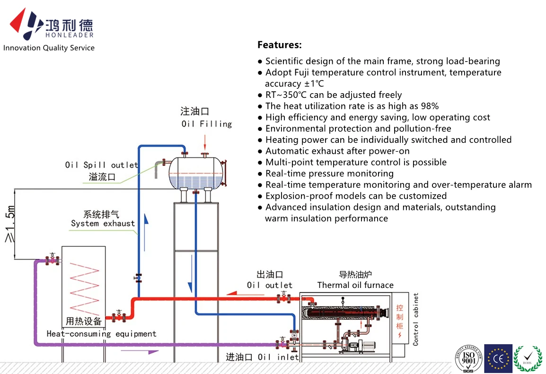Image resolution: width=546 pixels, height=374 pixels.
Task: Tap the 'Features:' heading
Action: (x=279, y=45)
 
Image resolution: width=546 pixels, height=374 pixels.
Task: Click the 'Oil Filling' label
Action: (x=206, y=124)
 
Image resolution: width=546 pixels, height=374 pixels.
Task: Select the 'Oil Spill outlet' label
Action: (x=101, y=165)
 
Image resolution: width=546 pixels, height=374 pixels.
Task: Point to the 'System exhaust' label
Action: (x=103, y=223)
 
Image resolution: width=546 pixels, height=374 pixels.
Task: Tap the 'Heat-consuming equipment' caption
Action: (x=101, y=334)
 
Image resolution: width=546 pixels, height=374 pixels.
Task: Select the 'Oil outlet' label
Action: (x=269, y=285)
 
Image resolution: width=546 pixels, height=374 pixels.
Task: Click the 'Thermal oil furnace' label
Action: (x=355, y=285)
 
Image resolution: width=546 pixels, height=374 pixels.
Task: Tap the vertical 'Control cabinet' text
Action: (x=416, y=319)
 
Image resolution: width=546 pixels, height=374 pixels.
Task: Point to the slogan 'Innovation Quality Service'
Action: (x=49, y=48)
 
